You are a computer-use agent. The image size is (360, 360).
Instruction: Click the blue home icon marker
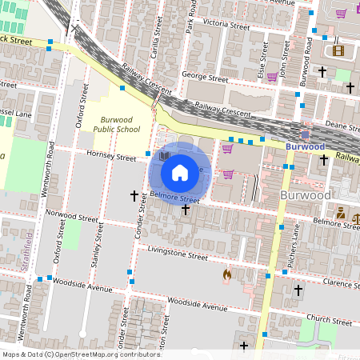[x=180, y=172]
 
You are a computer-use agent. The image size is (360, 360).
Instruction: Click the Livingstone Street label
[x=173, y=255]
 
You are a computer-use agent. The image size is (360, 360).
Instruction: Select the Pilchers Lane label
[x=295, y=245]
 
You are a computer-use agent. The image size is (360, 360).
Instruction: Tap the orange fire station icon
[x=227, y=275]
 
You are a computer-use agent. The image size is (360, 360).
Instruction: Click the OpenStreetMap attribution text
[x=81, y=354]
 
